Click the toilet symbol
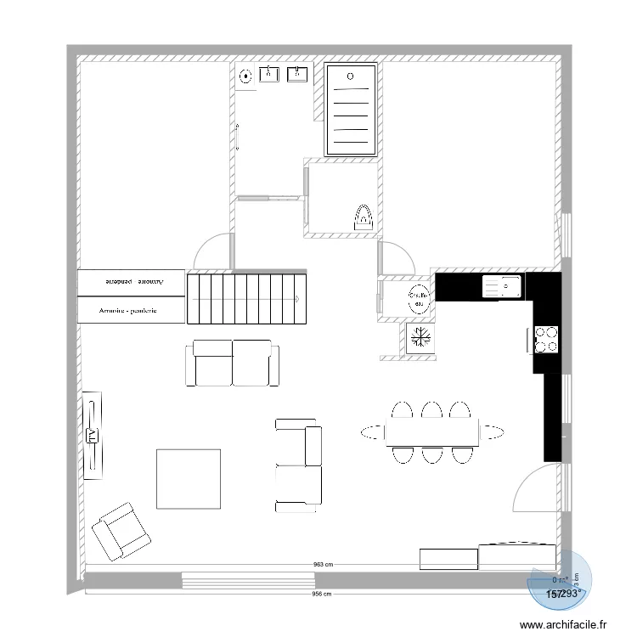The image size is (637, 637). [363, 217]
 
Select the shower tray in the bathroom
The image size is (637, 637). [352, 111]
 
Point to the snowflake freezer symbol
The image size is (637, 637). [420, 338]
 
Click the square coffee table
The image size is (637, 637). [189, 478]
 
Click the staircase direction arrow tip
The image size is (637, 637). [296, 299]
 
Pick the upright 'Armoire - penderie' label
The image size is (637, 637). [131, 311]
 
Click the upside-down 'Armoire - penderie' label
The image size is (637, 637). [131, 281]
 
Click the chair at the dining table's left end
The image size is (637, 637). [373, 432]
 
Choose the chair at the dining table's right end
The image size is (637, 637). [493, 432]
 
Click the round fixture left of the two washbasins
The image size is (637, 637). [245, 76]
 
